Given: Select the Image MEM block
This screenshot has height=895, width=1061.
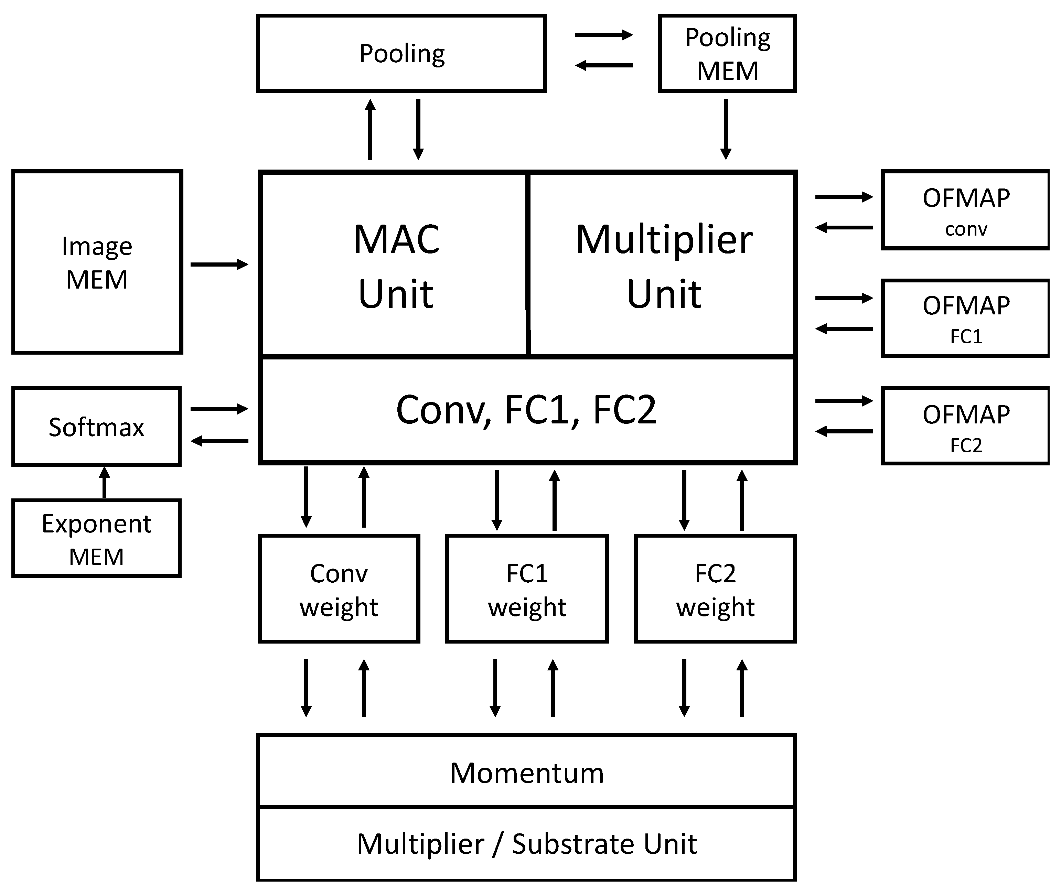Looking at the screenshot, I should [x=97, y=262].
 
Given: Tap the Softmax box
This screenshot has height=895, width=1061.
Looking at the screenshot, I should [x=96, y=427].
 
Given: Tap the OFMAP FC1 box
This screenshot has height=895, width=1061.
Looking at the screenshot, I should [x=965, y=318].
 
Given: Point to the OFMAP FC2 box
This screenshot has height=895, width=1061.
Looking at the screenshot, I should [x=965, y=426].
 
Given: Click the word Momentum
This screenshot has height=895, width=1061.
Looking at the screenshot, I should [x=527, y=773].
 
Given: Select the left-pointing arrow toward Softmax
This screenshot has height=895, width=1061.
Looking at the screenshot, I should [x=219, y=441].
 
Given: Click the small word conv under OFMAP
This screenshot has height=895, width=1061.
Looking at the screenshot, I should [x=966, y=229].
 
